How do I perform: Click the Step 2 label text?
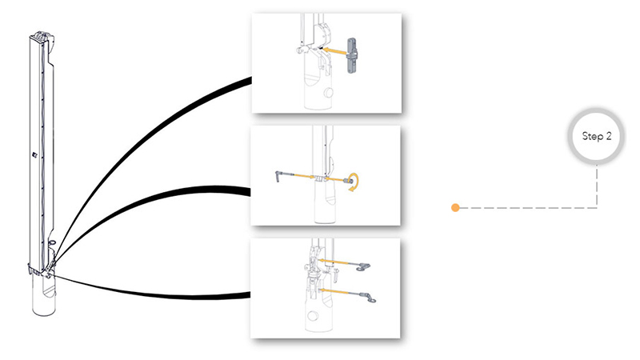(x=596, y=136)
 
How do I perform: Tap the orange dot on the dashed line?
(x=455, y=208)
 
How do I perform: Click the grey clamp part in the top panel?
(x=352, y=55)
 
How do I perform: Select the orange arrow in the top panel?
(x=334, y=51)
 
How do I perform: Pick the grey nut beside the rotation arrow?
(x=348, y=181)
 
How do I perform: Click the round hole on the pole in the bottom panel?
(x=313, y=316)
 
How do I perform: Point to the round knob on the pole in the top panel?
(x=328, y=93)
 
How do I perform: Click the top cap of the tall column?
(x=42, y=37)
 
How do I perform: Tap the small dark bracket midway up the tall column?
(x=34, y=154)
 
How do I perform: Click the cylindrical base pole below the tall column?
(x=44, y=294)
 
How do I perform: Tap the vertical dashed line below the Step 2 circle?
(x=596, y=186)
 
